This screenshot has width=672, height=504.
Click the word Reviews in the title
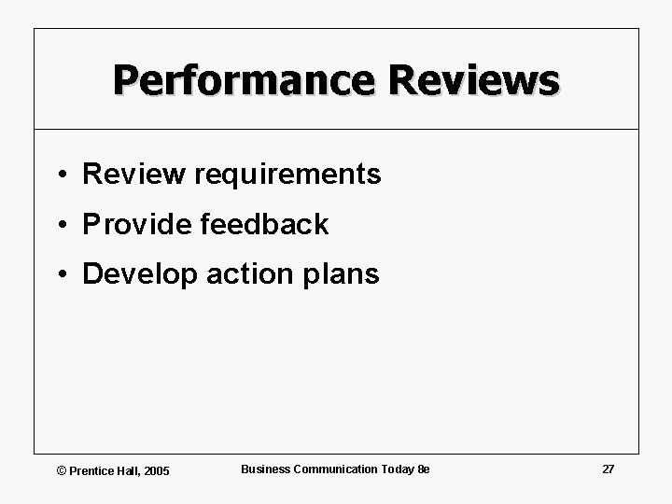[475, 80]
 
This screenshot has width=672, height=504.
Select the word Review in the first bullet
[134, 174]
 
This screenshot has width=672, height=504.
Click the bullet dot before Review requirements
[59, 175]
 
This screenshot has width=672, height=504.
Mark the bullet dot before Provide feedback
[59, 225]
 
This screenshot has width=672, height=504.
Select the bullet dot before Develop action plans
[59, 275]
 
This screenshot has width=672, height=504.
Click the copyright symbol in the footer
[62, 470]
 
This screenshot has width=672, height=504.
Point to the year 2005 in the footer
[156, 470]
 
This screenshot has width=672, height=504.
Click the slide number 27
[608, 469]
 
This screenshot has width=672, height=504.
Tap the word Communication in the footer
[336, 469]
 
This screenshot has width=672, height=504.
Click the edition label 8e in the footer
[424, 469]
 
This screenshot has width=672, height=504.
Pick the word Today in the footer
[398, 469]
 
